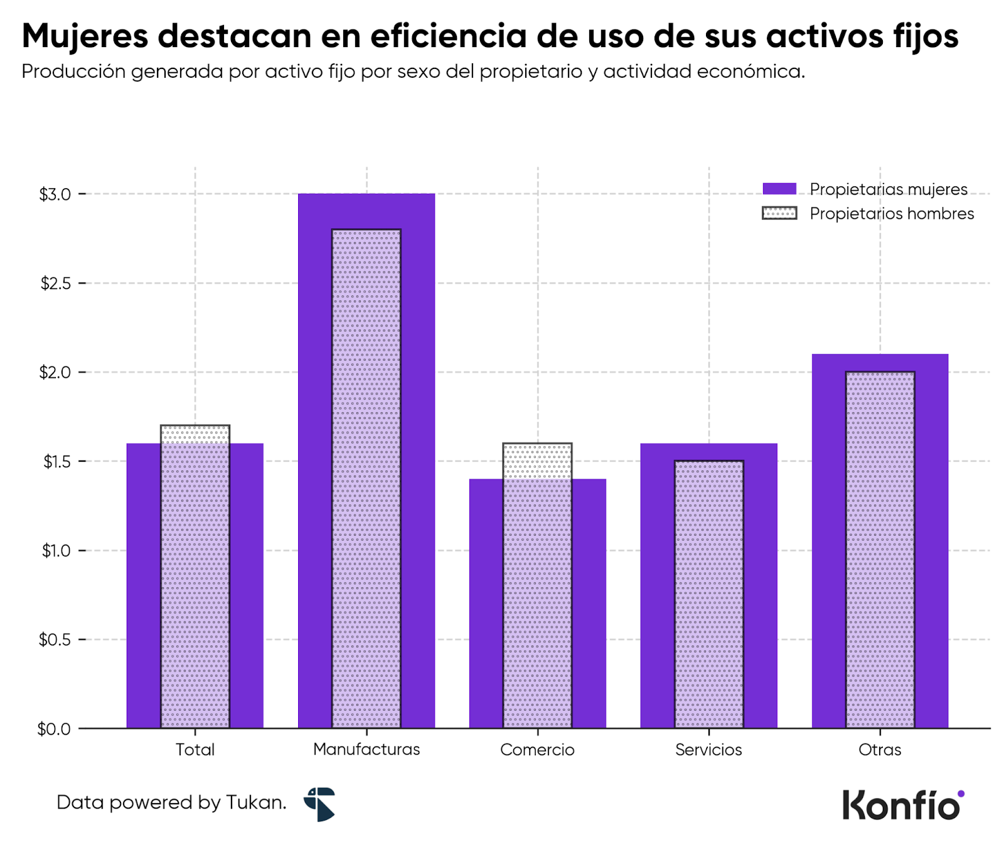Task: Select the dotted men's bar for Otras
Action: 879,549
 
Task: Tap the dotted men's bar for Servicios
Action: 708,593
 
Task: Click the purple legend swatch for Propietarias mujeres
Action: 779,189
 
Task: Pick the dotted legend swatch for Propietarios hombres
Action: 779,213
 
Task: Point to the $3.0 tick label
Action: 55,194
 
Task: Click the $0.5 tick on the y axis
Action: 55,640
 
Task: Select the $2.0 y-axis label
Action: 55,373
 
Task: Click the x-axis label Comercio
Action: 537,750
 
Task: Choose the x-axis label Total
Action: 195,750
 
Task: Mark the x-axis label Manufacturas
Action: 366,749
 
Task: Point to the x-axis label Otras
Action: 879,750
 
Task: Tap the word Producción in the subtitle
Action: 73,72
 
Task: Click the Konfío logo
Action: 902,805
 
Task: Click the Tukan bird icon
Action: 321,804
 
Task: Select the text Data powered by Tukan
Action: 171,802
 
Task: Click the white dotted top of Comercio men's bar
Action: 537,461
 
